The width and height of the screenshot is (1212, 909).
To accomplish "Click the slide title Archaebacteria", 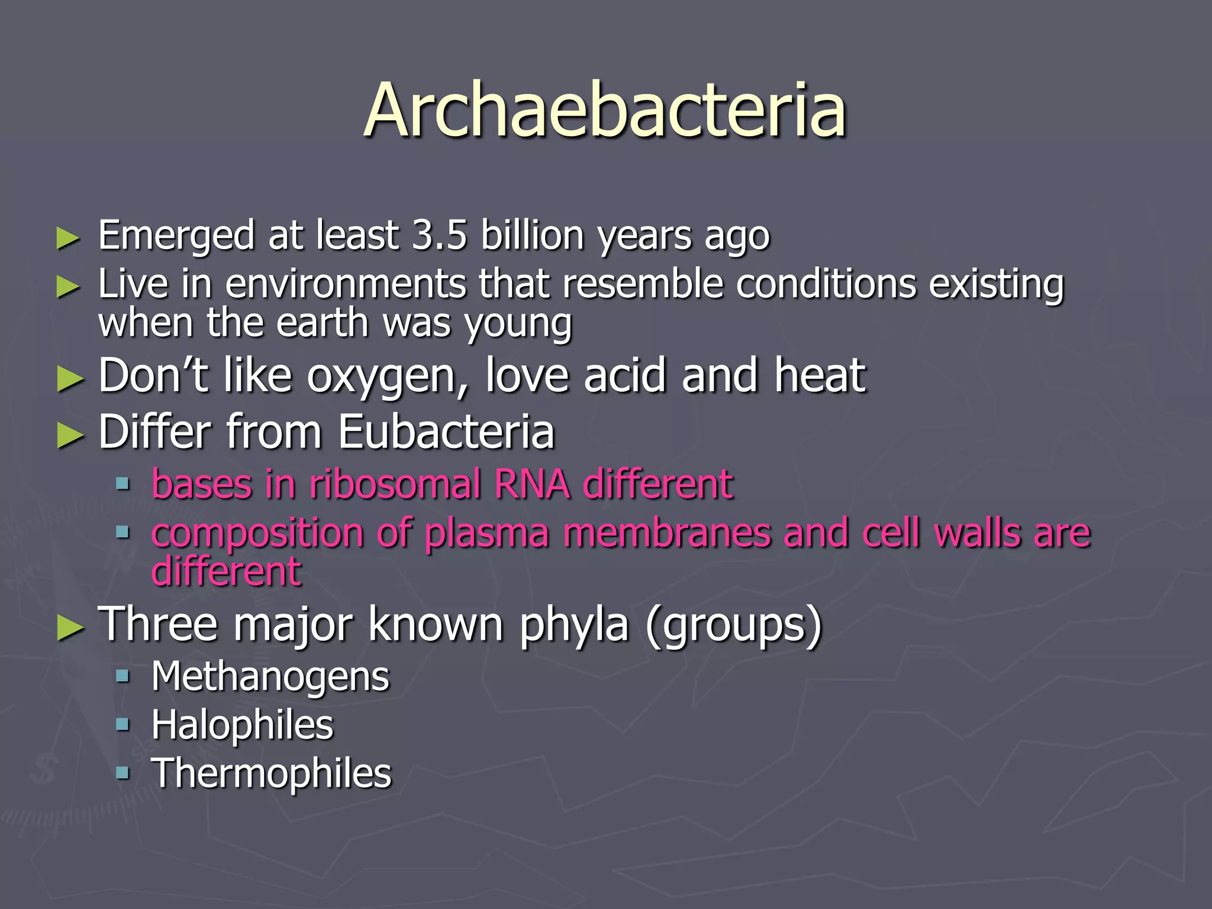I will point(605,111).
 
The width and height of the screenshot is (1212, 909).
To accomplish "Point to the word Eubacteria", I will point(446,432).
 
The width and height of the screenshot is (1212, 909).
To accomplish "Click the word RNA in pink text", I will point(531,484).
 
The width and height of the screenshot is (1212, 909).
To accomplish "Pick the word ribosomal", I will point(395,484).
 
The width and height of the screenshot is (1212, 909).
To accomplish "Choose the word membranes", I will point(667,533).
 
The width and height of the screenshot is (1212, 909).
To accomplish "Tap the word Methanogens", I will point(270,676).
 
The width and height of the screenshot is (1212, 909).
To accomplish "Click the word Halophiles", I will point(242,725).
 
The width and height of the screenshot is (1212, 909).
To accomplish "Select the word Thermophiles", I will point(272,773).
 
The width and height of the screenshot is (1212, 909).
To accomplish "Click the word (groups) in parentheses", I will point(734,625).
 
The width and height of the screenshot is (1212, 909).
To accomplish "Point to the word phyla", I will point(573,625).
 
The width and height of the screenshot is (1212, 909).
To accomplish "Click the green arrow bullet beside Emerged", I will point(68,238).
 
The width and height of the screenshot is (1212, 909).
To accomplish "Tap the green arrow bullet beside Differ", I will point(70,436).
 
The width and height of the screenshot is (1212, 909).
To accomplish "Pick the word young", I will point(518,324).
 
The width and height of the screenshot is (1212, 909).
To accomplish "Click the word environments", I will point(345,284).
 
